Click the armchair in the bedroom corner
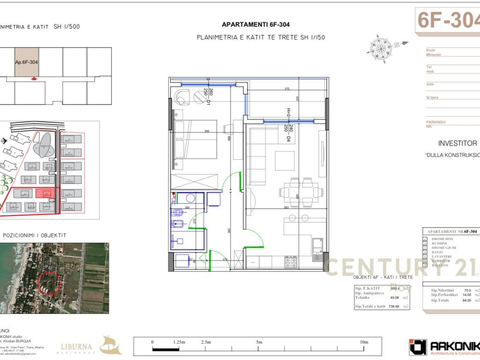point(182,97)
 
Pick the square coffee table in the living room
point(285,161)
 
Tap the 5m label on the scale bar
point(259,342)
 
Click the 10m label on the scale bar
point(364,342)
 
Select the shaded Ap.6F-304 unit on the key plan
point(26,62)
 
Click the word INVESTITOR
point(457,143)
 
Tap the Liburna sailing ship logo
point(111,345)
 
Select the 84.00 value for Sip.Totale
point(467,300)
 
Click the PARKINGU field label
point(435,122)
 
